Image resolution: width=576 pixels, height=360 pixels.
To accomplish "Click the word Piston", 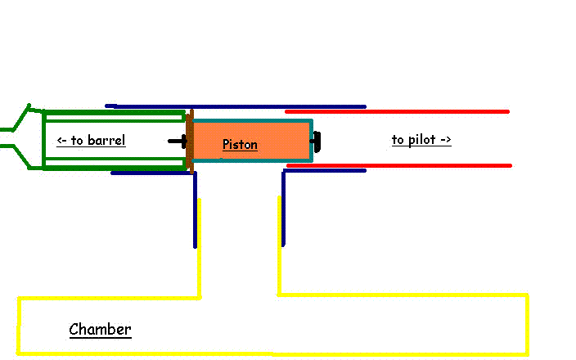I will coord(240,145).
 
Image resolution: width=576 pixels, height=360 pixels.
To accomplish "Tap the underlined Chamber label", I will coord(100,330).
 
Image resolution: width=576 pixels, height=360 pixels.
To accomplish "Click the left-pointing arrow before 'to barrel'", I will coord(61,141).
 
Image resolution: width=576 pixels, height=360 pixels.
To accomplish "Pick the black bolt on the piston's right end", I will coord(317,141).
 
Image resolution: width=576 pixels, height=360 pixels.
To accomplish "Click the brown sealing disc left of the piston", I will coord(190,141).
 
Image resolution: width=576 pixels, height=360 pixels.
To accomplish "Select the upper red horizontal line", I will coord(397,111).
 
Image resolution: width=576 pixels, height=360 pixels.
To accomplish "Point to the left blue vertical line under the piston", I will coord(195,209).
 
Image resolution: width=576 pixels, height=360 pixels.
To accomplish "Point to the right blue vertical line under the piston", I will coord(283,209).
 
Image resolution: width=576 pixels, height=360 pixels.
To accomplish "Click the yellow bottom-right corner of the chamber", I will coord(526,353).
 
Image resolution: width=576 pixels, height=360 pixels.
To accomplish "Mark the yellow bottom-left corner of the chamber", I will coord(19,353).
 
